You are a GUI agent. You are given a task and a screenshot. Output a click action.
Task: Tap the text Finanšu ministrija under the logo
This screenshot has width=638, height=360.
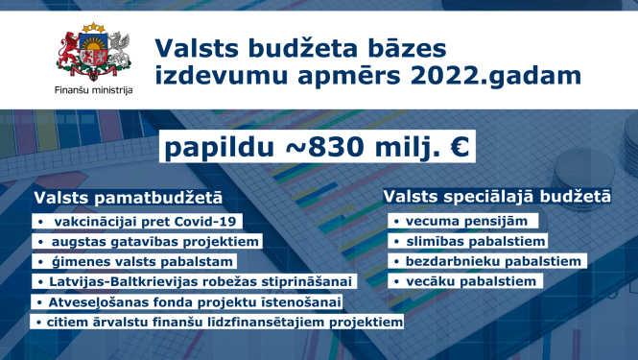click(94, 90)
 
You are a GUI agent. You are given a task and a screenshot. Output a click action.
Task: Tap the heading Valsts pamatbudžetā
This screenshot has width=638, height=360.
click(129, 196)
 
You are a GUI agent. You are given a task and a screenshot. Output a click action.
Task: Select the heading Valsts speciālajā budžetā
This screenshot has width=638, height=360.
click(497, 196)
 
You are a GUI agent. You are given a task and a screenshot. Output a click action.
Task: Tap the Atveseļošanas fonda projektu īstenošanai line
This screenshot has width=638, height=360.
click(189, 301)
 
